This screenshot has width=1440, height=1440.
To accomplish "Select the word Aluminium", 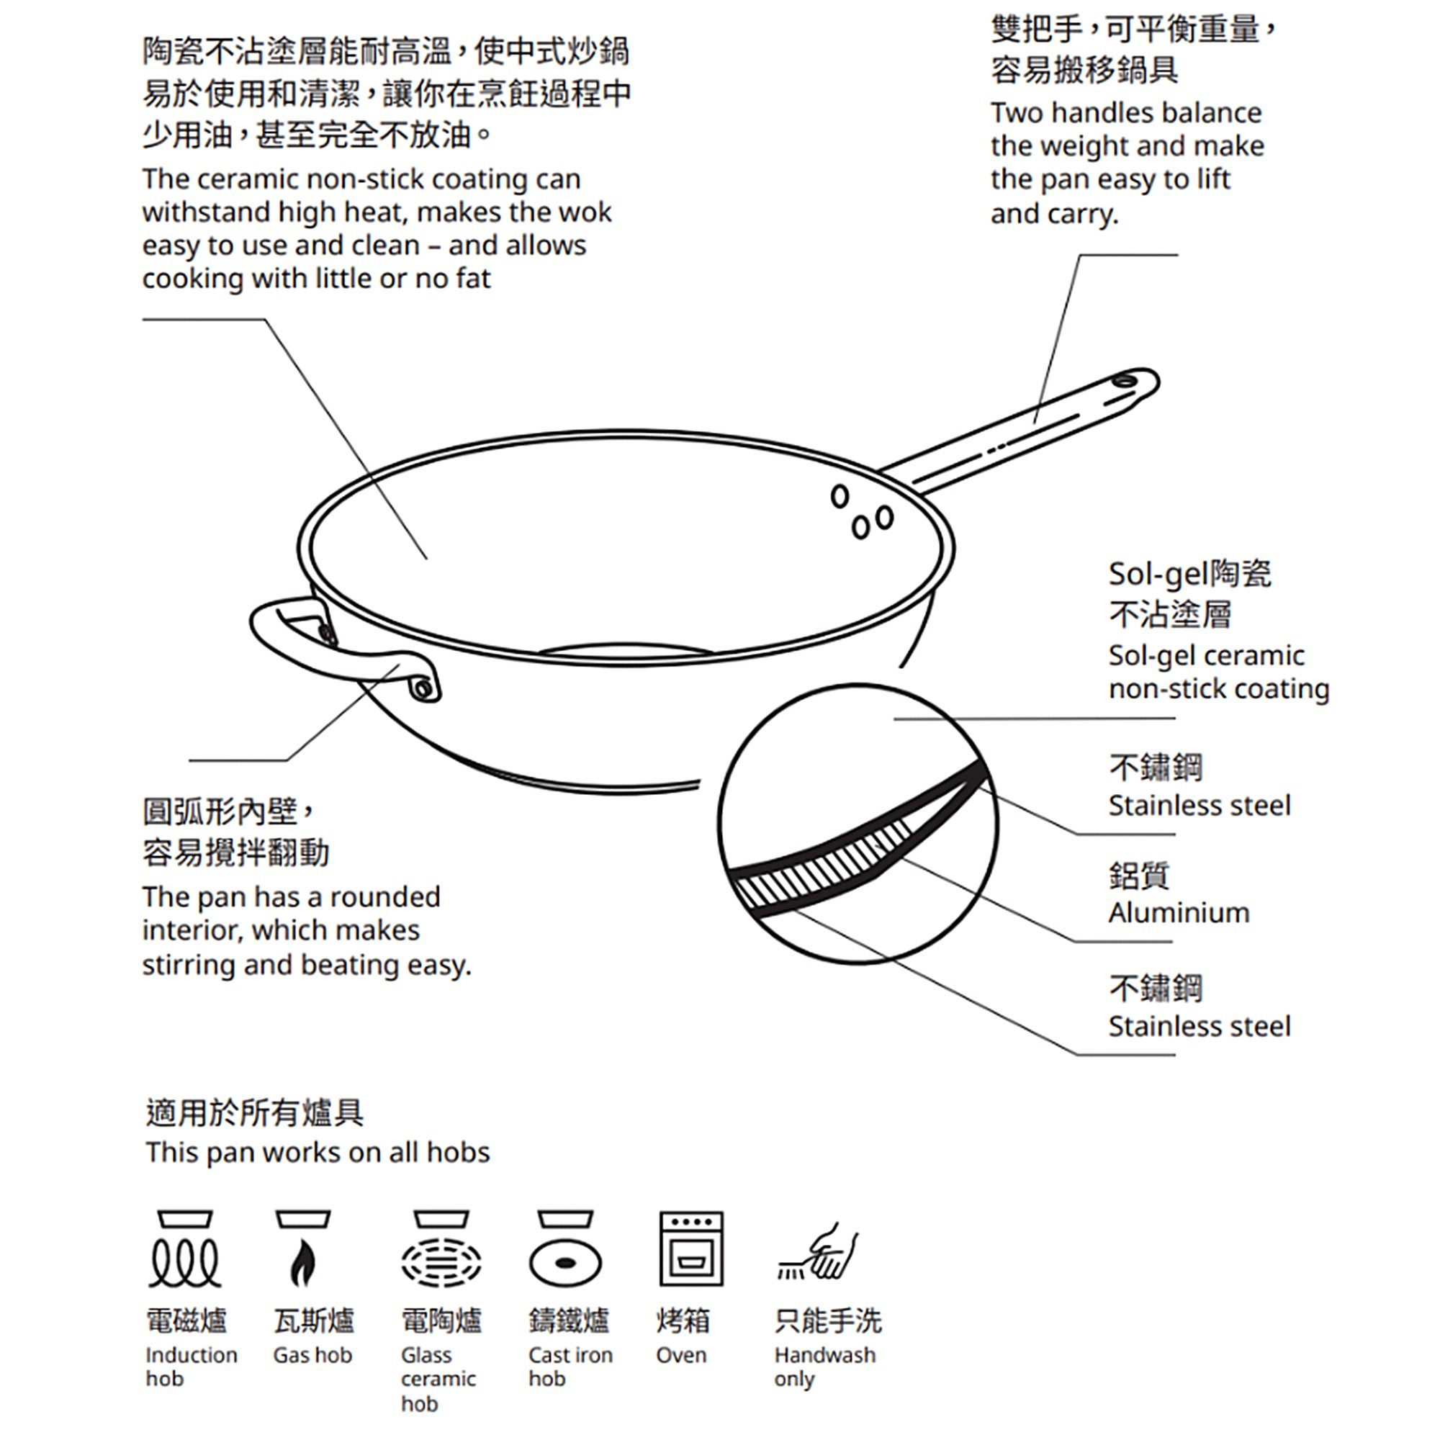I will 1179,912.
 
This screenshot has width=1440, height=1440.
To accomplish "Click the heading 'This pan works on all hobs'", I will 318,1152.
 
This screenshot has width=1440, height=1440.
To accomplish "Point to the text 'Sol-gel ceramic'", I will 1206,655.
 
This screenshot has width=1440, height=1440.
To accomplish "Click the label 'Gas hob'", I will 312,1355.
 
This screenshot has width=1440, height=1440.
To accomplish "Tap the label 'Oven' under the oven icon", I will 680,1355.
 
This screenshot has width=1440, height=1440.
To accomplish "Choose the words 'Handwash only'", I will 824,1367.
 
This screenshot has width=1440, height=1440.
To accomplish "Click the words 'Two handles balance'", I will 1125,112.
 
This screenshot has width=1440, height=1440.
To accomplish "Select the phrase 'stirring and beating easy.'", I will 306,965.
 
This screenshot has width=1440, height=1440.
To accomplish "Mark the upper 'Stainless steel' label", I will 1199,805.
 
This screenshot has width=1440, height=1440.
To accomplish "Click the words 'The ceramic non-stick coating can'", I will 361,179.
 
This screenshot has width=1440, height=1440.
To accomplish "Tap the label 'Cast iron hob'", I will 570,1367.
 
